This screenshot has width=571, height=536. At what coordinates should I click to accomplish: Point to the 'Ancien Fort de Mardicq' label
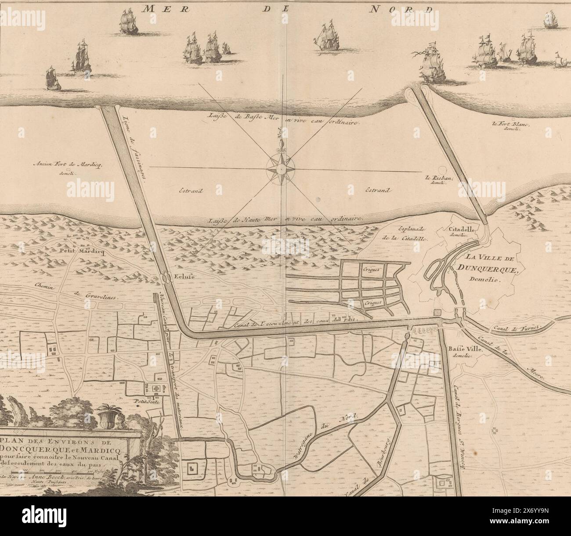pyautogui.click(x=67, y=165)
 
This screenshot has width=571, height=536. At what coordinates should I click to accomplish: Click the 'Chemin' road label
pyautogui.click(x=46, y=285)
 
